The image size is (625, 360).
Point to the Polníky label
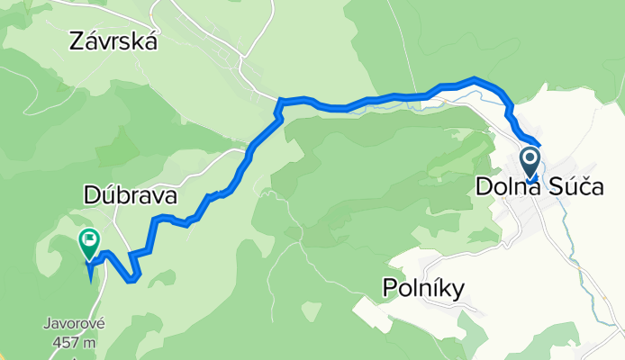[x=422, y=288]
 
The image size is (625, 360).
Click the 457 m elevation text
[x=75, y=342]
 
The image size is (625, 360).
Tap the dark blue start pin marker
[x=530, y=163]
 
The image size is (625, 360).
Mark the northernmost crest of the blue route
[x=476, y=80]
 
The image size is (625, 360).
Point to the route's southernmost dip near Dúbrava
[x=133, y=279]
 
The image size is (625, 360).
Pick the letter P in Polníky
[x=389, y=288]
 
